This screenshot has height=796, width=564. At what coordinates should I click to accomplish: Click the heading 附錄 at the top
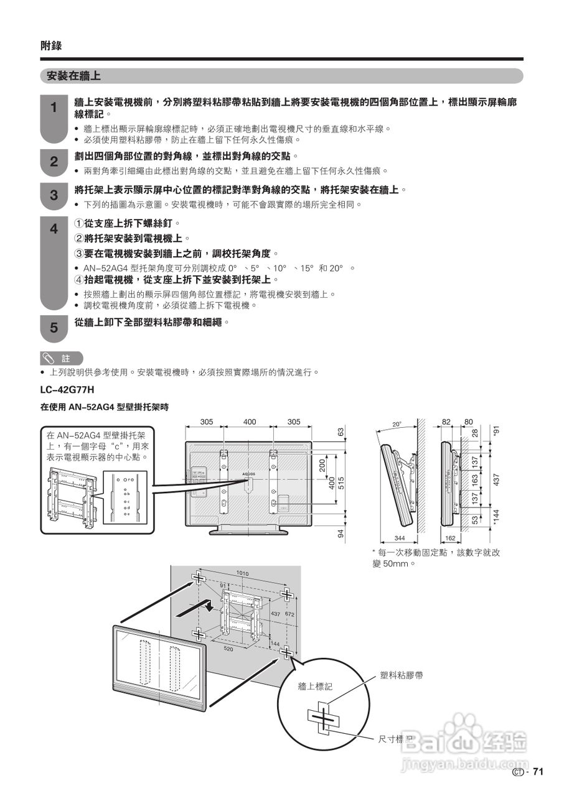click(51, 45)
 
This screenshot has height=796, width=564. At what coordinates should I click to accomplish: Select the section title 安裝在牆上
click(70, 76)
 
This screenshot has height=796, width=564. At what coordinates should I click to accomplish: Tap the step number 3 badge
click(54, 195)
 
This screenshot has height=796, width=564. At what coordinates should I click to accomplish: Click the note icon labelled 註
click(60, 358)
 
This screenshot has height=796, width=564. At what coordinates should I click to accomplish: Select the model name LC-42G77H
click(67, 390)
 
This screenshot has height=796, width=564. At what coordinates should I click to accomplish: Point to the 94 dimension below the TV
click(340, 534)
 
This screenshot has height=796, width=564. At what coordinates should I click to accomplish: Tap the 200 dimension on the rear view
click(322, 466)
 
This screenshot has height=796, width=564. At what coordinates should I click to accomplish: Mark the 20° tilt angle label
click(397, 425)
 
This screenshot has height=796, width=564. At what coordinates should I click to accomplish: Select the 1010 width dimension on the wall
click(243, 572)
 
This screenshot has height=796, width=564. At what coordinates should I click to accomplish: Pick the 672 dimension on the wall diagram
click(289, 614)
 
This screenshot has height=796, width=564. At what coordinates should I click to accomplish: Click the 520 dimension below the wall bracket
click(228, 648)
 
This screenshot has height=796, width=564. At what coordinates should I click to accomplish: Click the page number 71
click(538, 772)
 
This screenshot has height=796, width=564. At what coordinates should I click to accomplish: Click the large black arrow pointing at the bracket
click(197, 608)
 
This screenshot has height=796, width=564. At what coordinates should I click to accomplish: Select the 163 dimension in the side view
click(474, 480)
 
